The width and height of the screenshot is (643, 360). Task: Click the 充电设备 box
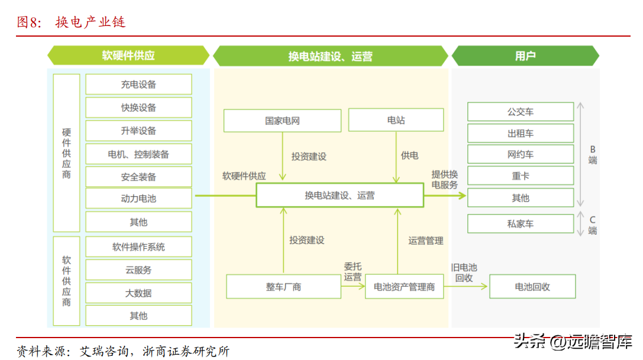pos(138,85)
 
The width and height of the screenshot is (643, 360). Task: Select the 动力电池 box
pos(138,199)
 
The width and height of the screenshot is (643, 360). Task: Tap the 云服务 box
pos(138,270)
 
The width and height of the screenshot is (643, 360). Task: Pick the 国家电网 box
pos(282,121)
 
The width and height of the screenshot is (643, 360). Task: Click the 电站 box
pos(396,120)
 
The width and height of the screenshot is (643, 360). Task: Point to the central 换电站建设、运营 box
pos(340,195)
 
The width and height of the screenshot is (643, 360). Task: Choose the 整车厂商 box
pos(283,287)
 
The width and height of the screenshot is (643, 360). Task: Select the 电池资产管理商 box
pos(404,287)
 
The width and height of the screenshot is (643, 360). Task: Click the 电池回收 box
pos(532,287)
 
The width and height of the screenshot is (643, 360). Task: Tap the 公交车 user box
pos(521,112)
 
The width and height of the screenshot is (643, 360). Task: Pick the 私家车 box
pos(521,223)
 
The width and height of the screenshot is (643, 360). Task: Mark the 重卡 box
pos(521,176)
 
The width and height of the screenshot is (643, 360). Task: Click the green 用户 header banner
pos(525,56)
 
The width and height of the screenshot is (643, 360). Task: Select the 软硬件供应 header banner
pos(128,56)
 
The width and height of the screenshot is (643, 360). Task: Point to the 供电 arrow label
pos(410,155)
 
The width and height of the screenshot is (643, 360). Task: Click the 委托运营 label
pos(353,271)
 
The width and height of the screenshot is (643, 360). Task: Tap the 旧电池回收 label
pos(464,273)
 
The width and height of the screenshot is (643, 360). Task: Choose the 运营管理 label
pos(426,241)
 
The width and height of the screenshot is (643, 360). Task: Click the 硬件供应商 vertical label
pos(66,153)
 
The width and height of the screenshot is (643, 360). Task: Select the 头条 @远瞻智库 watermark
pos(573,341)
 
